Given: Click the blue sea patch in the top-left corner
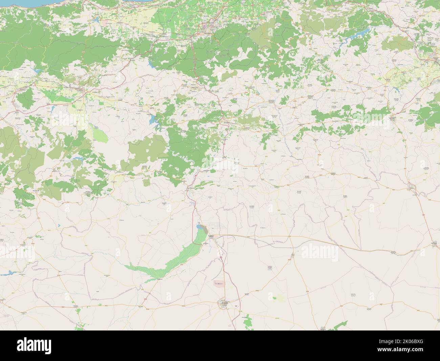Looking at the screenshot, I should click(x=20, y=3).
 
